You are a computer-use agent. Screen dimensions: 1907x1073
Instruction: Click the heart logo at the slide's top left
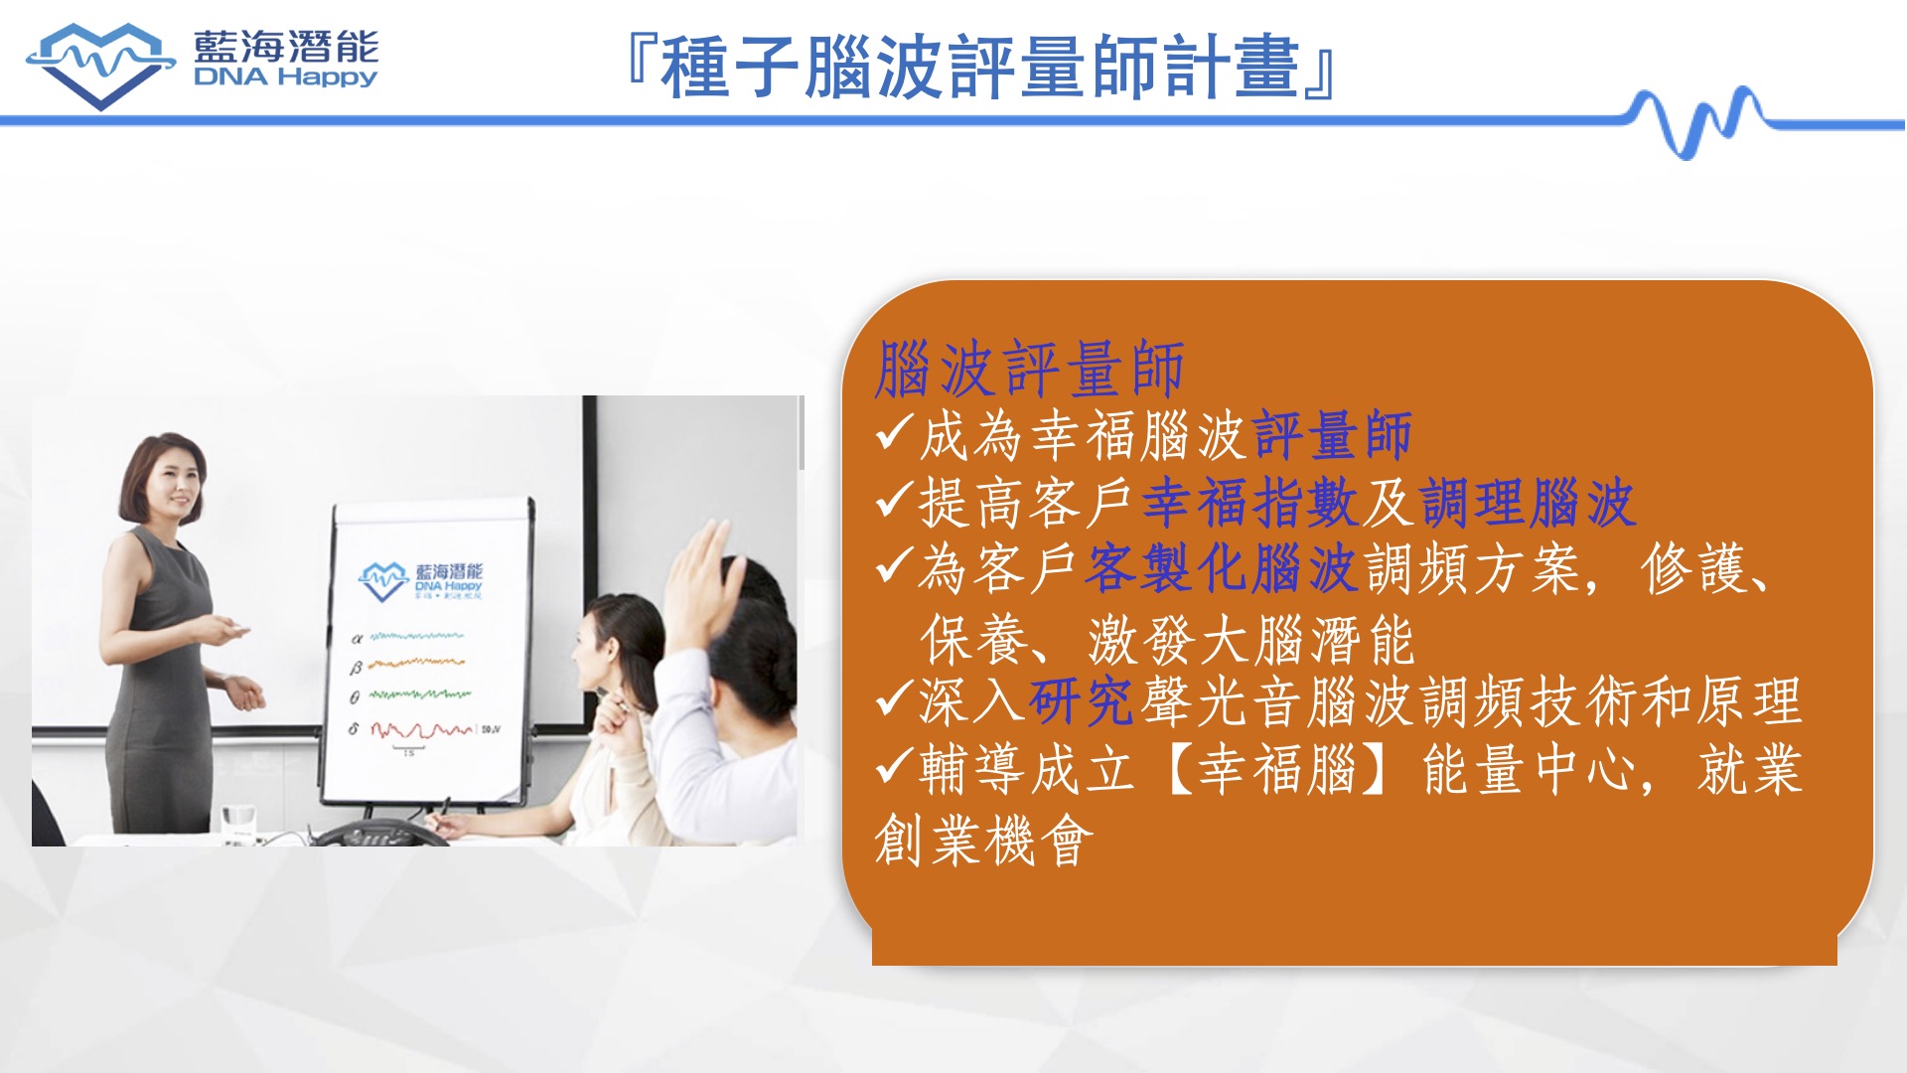point(100,66)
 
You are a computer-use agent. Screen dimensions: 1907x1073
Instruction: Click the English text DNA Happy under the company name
point(286,77)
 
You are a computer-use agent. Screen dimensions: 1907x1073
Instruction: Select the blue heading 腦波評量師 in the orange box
point(1030,369)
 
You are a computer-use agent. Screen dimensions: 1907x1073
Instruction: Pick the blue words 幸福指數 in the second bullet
point(1250,502)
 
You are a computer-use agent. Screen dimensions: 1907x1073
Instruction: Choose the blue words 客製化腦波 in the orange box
point(1221,568)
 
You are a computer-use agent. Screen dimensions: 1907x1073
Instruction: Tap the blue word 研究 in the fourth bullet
point(1081,701)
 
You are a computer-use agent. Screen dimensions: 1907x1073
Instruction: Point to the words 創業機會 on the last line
point(984,841)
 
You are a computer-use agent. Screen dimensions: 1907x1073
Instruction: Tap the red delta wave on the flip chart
point(422,730)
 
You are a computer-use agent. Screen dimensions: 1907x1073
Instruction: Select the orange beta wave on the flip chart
point(416,663)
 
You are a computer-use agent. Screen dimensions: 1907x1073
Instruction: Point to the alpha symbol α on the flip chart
point(357,639)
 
